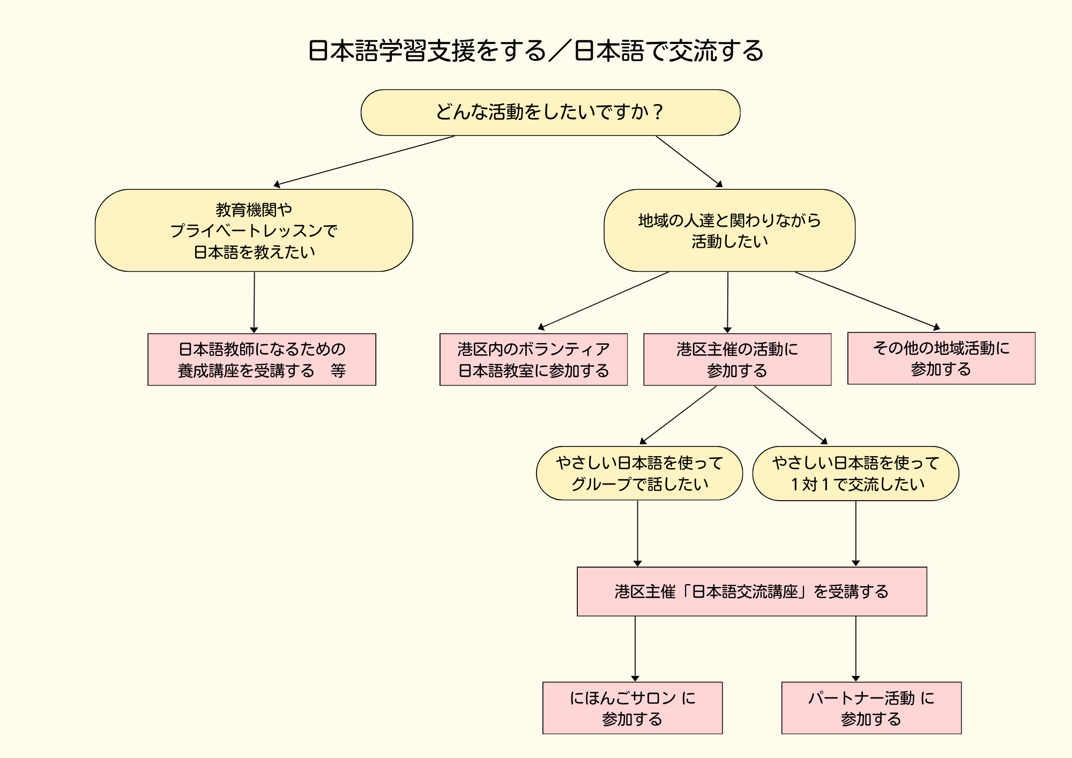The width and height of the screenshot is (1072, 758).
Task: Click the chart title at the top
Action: (x=536, y=51)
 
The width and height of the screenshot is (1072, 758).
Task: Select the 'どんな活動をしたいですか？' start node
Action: (x=550, y=113)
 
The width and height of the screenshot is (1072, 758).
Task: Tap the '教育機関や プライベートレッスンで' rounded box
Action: (x=254, y=231)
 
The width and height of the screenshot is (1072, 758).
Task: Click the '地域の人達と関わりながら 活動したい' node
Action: (x=729, y=231)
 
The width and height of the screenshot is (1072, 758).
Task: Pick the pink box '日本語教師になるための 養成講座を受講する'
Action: (x=262, y=360)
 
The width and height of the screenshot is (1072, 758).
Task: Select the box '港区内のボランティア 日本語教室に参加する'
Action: (x=533, y=360)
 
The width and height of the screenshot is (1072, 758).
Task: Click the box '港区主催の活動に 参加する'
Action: (x=737, y=360)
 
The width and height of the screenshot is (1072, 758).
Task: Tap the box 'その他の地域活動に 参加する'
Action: (x=941, y=359)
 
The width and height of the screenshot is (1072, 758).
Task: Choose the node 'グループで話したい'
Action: (x=639, y=473)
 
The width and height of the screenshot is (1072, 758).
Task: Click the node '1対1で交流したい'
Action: (x=855, y=473)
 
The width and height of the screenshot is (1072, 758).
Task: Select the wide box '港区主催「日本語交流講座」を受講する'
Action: (x=751, y=591)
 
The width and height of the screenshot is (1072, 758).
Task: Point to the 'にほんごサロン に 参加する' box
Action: (x=632, y=708)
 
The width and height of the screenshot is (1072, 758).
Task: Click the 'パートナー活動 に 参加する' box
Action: (x=871, y=708)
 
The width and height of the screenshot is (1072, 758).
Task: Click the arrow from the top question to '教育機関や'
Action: (x=364, y=161)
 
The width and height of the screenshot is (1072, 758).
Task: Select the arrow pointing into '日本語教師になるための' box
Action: (x=254, y=303)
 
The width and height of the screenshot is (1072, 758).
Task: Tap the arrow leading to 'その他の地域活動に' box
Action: (x=867, y=301)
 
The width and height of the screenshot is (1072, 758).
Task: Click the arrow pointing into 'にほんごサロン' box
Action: (x=635, y=649)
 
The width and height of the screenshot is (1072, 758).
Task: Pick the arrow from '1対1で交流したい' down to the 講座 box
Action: (x=855, y=533)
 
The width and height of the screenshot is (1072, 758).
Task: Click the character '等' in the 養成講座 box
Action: (x=338, y=370)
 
